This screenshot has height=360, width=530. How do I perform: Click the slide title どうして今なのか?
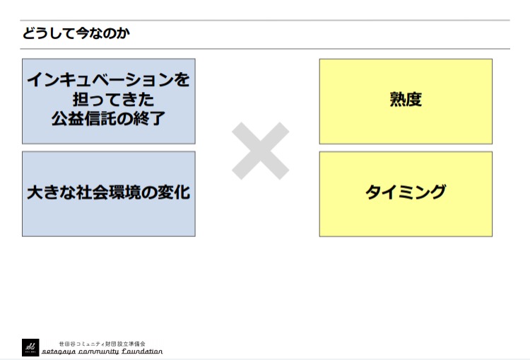pos(76,33)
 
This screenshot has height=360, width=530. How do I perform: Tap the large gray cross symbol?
pos(260,151)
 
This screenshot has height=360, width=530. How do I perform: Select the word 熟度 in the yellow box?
pos(406,100)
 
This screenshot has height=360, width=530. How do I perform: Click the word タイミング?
pos(406,192)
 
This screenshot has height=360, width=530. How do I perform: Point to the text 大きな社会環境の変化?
pos(109,192)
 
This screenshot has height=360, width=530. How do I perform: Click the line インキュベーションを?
pos(109,80)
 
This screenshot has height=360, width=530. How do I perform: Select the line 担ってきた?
pos(113,100)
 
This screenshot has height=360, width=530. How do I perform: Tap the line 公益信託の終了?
pos(109,119)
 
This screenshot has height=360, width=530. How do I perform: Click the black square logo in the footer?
pos(30,347)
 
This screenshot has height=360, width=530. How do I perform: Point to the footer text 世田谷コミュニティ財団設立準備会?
pos(102,344)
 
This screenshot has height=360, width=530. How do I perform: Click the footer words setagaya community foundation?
pos(102,352)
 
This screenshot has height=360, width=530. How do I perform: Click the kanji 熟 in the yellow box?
pos(397,100)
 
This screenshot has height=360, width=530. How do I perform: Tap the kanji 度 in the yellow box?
pos(414,100)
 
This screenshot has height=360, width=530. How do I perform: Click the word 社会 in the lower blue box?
pos(93,192)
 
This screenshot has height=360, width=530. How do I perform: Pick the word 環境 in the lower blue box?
pos(125,192)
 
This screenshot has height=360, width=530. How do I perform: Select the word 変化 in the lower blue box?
pos(174,192)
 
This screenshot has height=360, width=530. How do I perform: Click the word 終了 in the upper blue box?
pos(149,119)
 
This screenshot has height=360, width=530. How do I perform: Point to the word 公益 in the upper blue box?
pos(68,119)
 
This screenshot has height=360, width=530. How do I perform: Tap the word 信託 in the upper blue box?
pos(100,119)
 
